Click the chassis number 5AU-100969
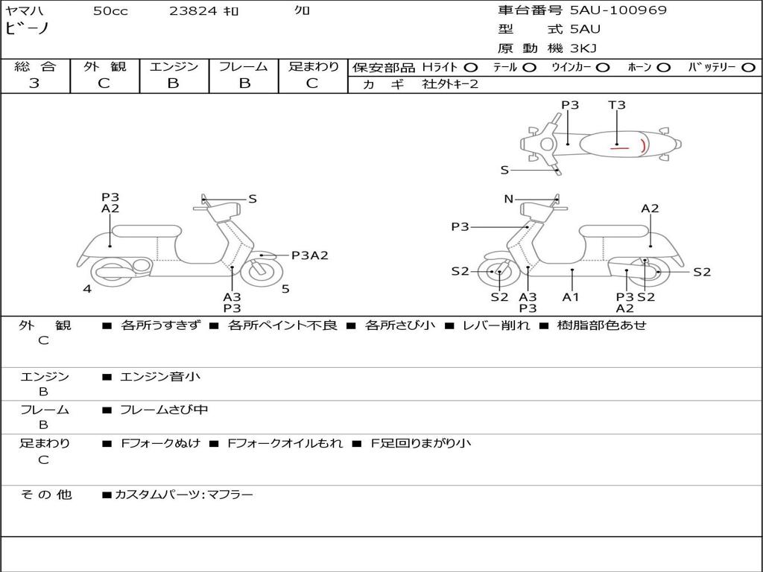click(618, 10)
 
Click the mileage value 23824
click(193, 11)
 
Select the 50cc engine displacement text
click(110, 11)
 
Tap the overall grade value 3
click(34, 83)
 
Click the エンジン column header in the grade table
click(174, 67)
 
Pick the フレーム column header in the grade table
click(244, 67)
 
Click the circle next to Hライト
click(470, 68)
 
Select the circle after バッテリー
click(748, 68)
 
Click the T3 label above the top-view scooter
click(617, 105)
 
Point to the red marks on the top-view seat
click(630, 147)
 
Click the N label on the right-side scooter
click(509, 199)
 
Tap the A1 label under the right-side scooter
click(571, 297)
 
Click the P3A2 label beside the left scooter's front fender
click(309, 255)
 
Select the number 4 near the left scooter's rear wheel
click(87, 289)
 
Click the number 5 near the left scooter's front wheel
click(285, 289)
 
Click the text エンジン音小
click(160, 377)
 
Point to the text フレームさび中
click(164, 410)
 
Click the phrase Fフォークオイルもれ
click(285, 443)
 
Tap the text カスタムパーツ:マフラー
click(183, 495)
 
